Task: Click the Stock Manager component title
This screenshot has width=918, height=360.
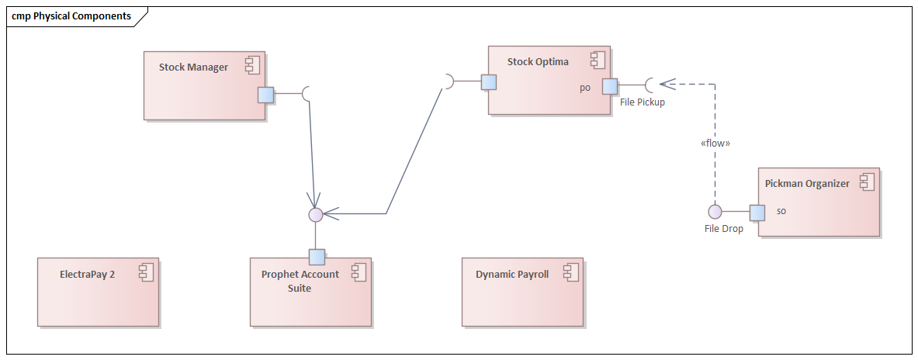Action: pos(193,67)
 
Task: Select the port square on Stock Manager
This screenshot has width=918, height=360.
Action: pos(266,94)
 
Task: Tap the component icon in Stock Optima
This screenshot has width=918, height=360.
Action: pos(597,61)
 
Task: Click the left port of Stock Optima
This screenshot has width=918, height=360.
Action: pos(488,82)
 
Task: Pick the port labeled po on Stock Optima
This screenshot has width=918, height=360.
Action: pos(610,86)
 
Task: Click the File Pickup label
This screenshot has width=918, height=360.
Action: pos(642,102)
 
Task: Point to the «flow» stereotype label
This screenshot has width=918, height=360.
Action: pos(714,143)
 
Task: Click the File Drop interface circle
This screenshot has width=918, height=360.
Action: pos(715,212)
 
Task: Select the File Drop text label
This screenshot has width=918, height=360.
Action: pos(723,228)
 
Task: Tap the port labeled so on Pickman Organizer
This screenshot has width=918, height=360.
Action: pos(757,212)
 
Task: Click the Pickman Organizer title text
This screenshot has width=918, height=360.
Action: pos(807,184)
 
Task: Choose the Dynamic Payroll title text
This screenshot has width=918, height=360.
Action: pos(511,274)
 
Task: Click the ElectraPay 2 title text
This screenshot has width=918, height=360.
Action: pos(87,274)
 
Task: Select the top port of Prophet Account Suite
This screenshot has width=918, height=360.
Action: pos(317,257)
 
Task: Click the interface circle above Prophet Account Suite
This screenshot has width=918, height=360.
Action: pos(315,214)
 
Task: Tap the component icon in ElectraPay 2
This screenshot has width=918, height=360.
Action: pos(146,272)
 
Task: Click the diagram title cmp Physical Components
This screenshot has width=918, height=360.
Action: pos(71,16)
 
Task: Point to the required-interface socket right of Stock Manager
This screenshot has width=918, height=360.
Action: pos(307,93)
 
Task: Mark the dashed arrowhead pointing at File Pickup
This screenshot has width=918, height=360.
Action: pos(665,83)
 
